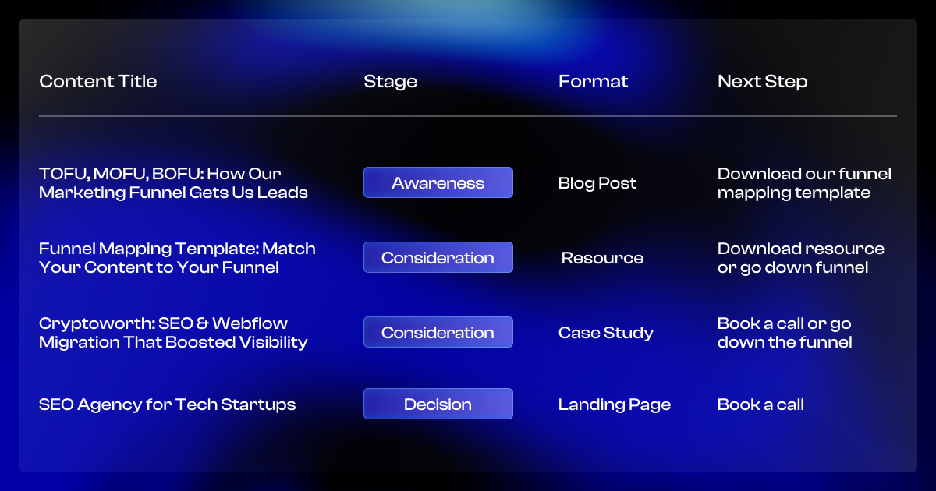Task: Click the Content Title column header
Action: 98,81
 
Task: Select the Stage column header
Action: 390,81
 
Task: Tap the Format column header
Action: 593,81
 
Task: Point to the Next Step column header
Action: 762,81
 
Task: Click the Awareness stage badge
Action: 438,183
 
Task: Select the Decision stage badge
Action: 438,404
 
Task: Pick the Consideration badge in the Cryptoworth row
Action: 438,333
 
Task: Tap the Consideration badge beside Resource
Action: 438,258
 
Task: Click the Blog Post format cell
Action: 597,183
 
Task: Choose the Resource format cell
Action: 602,258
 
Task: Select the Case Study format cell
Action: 606,333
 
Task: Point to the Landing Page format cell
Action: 615,404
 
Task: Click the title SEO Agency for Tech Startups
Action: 168,404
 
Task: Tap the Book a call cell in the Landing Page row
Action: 760,404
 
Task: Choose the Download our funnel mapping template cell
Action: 803,183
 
